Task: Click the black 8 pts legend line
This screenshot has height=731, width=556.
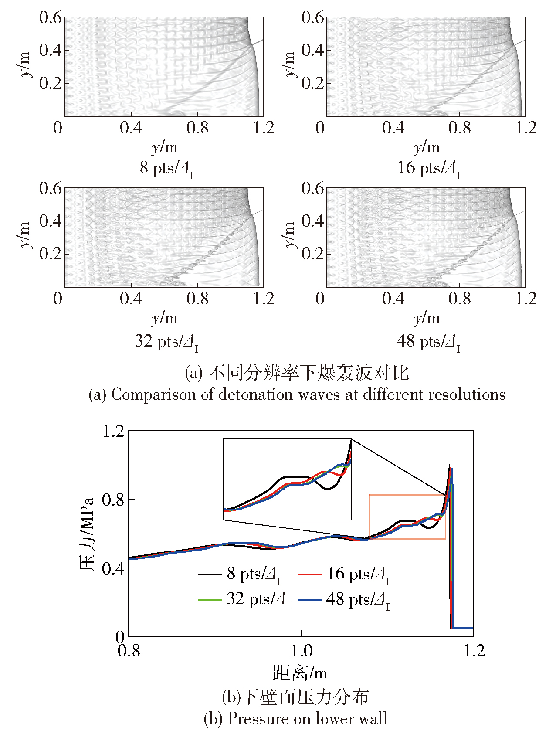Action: [x=210, y=575]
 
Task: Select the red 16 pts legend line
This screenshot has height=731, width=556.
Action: [x=310, y=575]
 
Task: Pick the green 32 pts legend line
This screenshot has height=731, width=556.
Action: [x=210, y=600]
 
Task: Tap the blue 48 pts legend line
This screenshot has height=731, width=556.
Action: [x=310, y=600]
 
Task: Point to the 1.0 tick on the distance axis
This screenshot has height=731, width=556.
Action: [x=302, y=651]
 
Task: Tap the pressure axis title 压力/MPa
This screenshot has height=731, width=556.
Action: [x=87, y=534]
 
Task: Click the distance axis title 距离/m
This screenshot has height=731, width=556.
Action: [x=300, y=673]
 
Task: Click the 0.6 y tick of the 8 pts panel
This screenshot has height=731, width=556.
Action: [x=51, y=18]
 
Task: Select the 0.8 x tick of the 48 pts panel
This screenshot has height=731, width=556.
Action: [x=460, y=299]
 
